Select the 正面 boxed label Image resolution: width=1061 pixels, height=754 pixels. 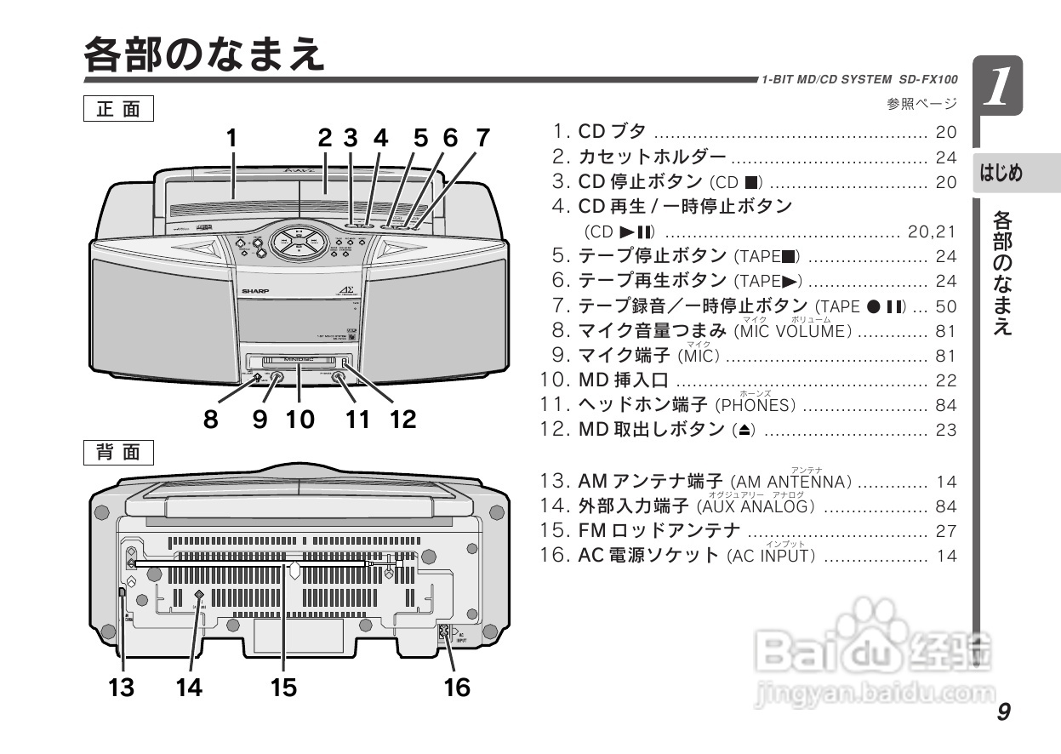[118, 110]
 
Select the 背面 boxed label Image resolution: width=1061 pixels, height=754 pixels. [118, 452]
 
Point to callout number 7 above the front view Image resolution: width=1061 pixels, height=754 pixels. [482, 138]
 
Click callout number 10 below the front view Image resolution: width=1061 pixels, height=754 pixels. [299, 419]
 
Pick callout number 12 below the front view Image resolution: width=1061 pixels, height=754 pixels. [403, 419]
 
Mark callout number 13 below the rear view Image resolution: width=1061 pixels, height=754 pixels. [122, 687]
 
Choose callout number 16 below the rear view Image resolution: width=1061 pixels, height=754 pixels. [457, 687]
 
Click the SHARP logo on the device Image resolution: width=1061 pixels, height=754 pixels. [255, 291]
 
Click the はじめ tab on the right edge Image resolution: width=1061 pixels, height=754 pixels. [1001, 174]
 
